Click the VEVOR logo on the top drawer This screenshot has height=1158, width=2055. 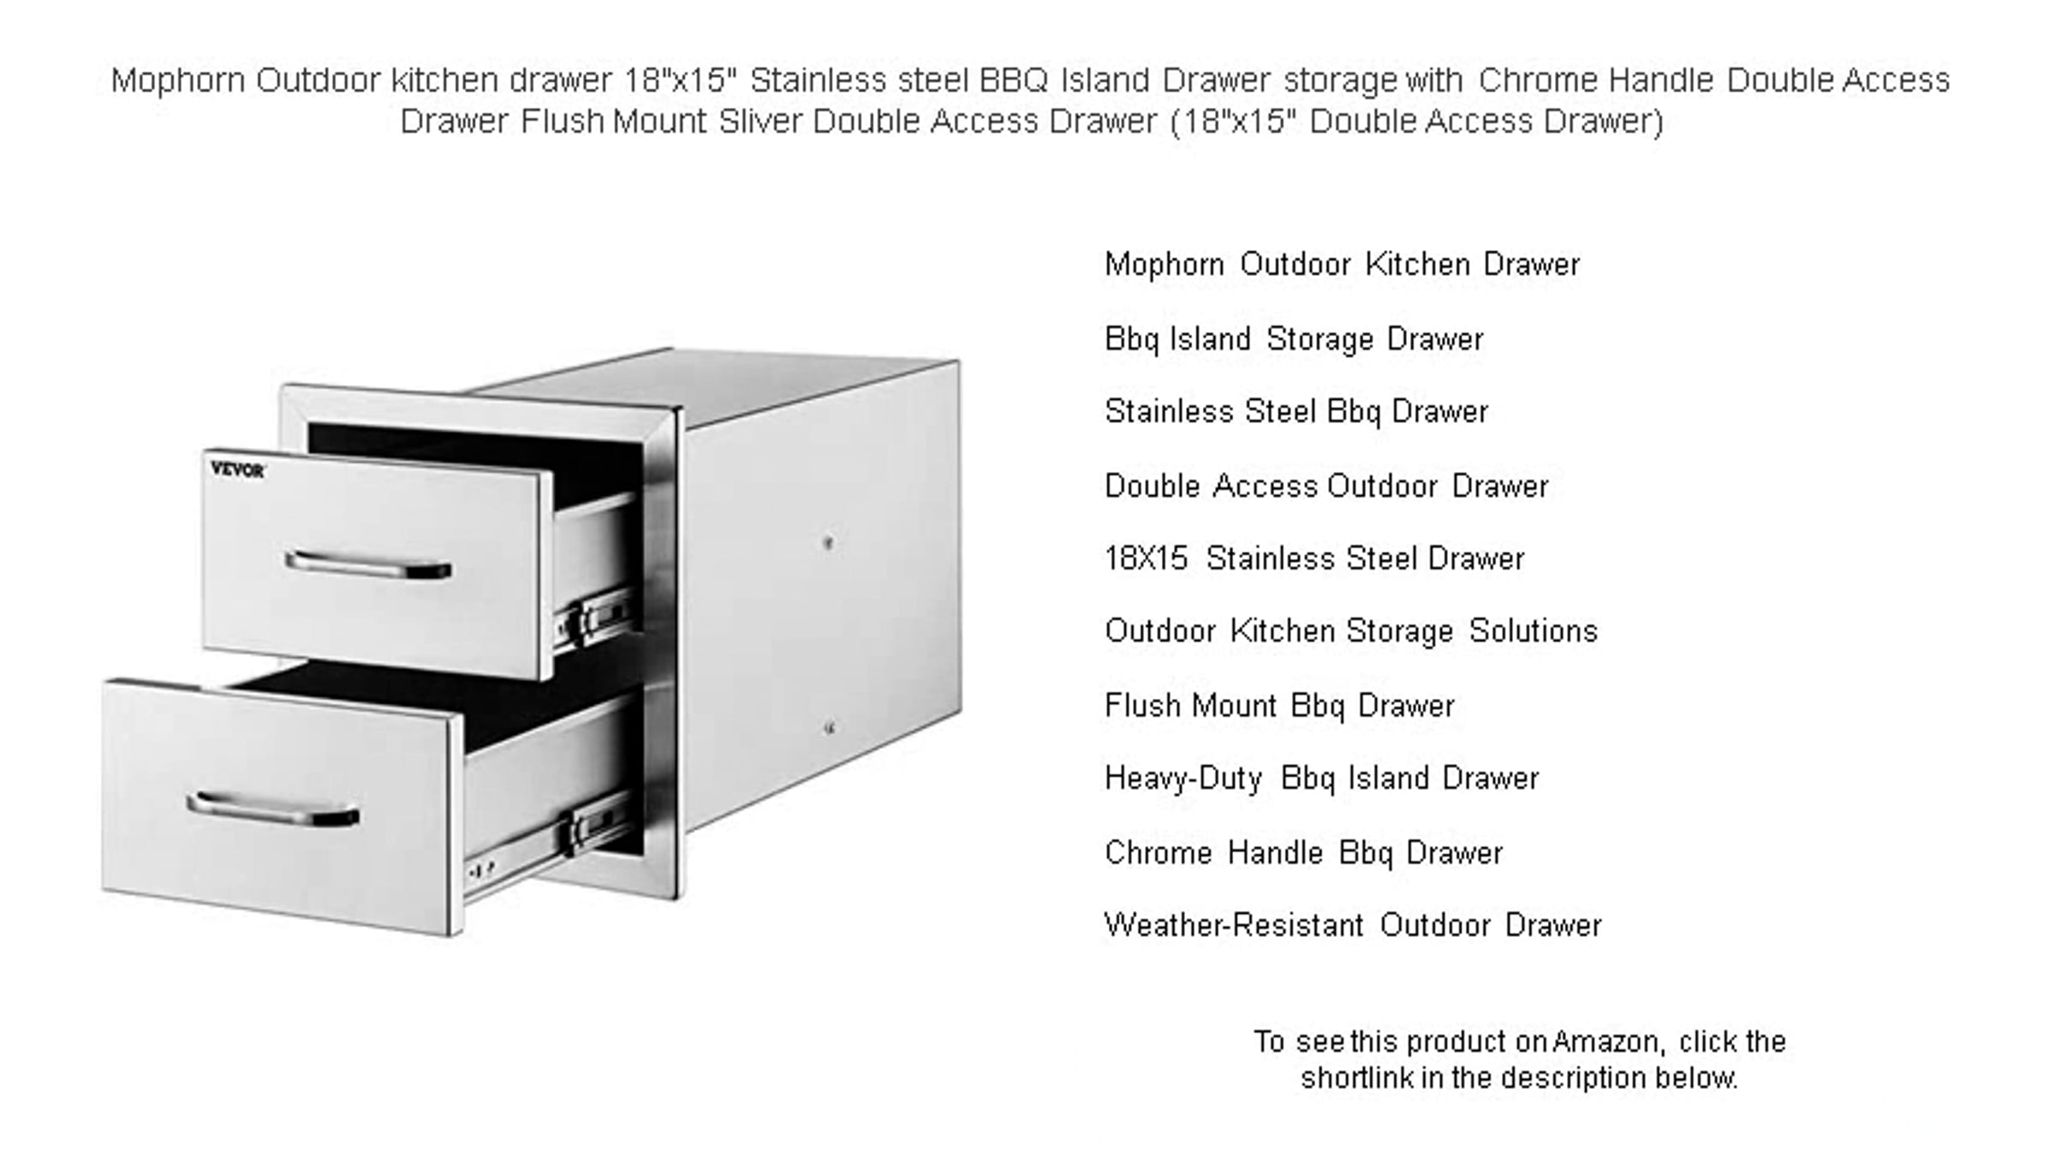[237, 469]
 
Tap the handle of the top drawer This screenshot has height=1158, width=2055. [368, 565]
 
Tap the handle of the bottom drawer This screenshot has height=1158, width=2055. [272, 810]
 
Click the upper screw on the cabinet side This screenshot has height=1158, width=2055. [828, 542]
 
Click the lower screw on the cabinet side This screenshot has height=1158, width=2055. [829, 728]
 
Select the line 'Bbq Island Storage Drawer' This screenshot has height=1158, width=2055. [1294, 339]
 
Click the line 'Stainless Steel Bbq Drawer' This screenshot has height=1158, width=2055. [1296, 412]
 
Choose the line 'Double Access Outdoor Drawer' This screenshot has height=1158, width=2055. [1326, 486]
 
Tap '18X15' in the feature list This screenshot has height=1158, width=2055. [1147, 558]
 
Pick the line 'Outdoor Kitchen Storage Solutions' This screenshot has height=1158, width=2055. [1351, 631]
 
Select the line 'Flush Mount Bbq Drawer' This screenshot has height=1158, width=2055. [1279, 706]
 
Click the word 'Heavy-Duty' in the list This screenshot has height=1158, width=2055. [1183, 779]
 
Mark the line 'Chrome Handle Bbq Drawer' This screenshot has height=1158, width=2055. [1303, 853]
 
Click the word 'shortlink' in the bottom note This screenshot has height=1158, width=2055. [1357, 1077]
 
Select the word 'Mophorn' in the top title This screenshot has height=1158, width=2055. [178, 81]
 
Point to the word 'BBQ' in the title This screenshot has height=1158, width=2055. [1014, 80]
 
